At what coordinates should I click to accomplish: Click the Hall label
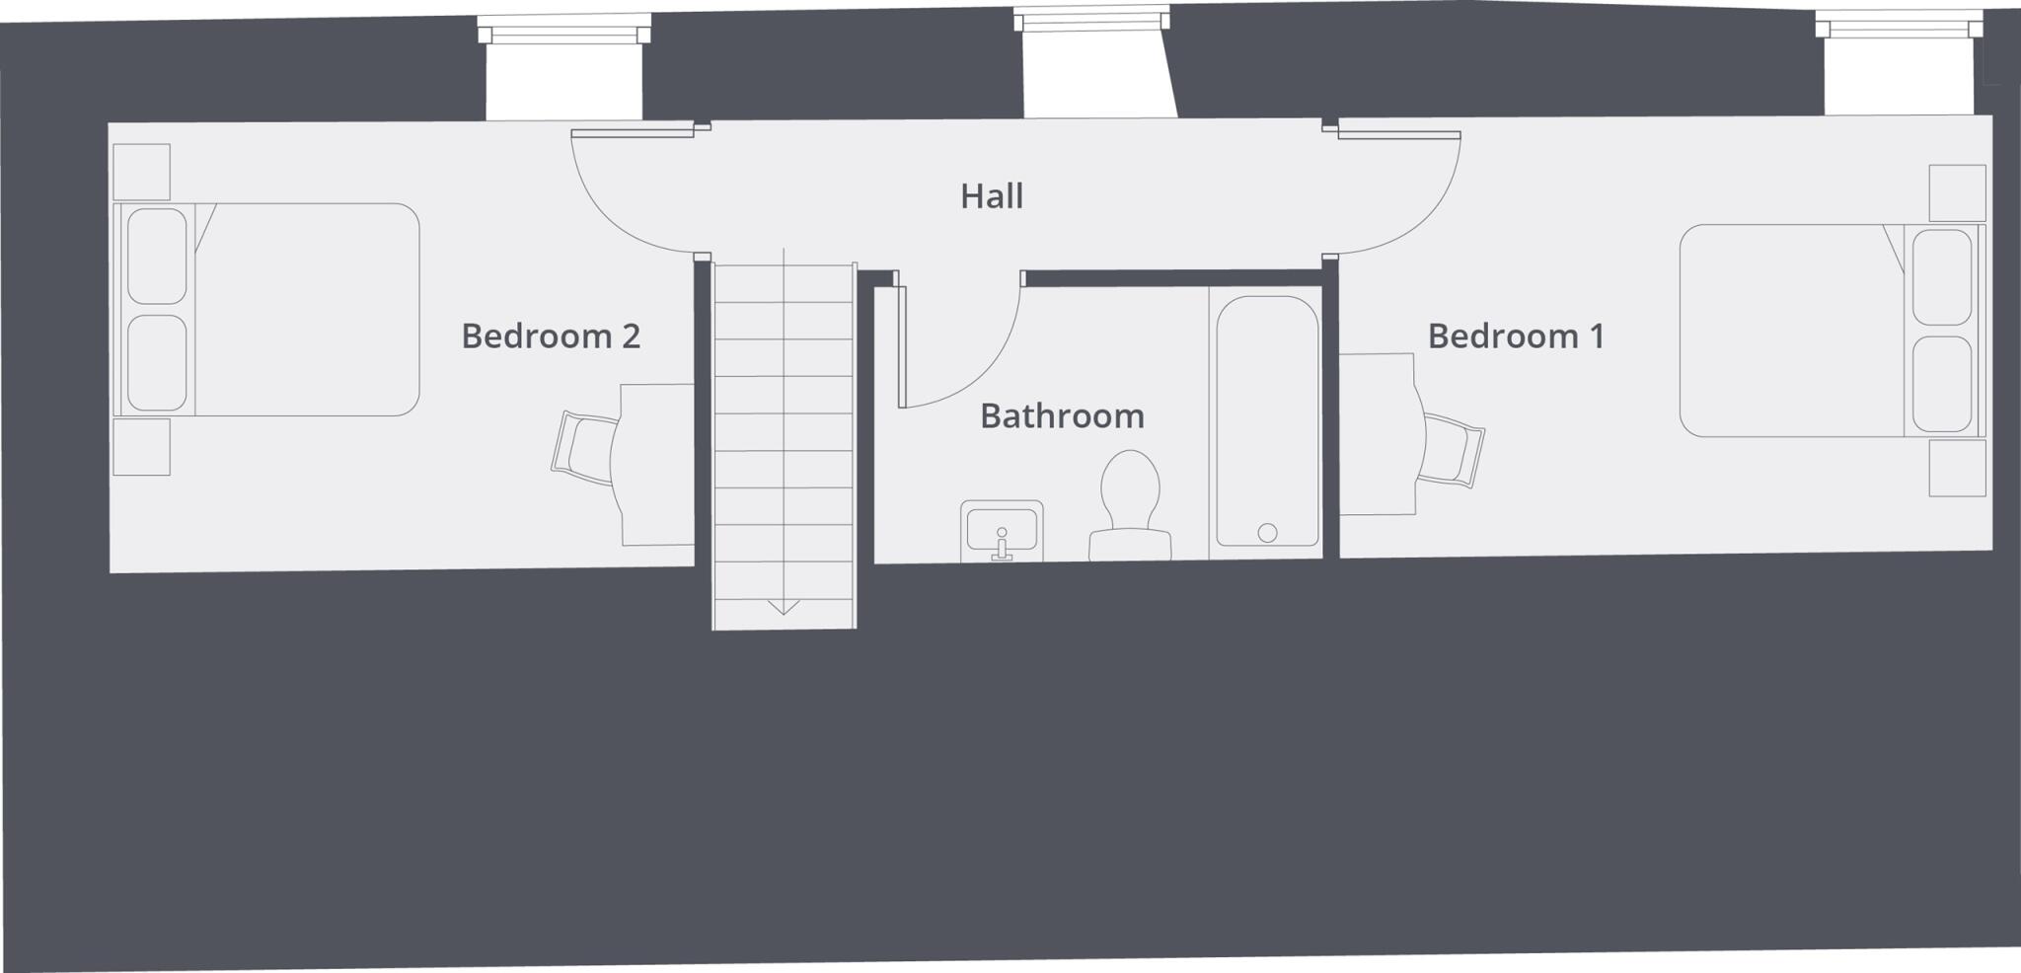click(x=992, y=196)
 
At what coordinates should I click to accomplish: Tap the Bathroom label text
click(x=1062, y=416)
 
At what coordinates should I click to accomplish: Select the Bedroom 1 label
click(x=1516, y=337)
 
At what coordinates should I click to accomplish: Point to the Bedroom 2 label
click(x=551, y=337)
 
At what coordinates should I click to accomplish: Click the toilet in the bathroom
click(x=1130, y=503)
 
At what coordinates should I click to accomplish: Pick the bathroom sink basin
click(x=1002, y=531)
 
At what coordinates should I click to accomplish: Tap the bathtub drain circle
click(x=1268, y=533)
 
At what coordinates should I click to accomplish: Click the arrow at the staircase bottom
click(x=784, y=606)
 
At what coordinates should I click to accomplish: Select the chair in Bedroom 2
click(x=585, y=449)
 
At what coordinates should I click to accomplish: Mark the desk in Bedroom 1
click(x=1378, y=434)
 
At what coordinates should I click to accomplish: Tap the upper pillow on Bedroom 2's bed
click(x=157, y=256)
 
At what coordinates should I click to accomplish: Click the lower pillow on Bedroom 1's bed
click(x=1942, y=383)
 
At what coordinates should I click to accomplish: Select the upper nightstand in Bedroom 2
click(x=142, y=173)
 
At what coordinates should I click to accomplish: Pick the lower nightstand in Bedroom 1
click(x=1958, y=468)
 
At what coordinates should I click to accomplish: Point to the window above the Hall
click(x=1091, y=20)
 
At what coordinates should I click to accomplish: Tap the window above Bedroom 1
click(x=1899, y=27)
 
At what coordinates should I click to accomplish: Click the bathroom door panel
click(x=901, y=345)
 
